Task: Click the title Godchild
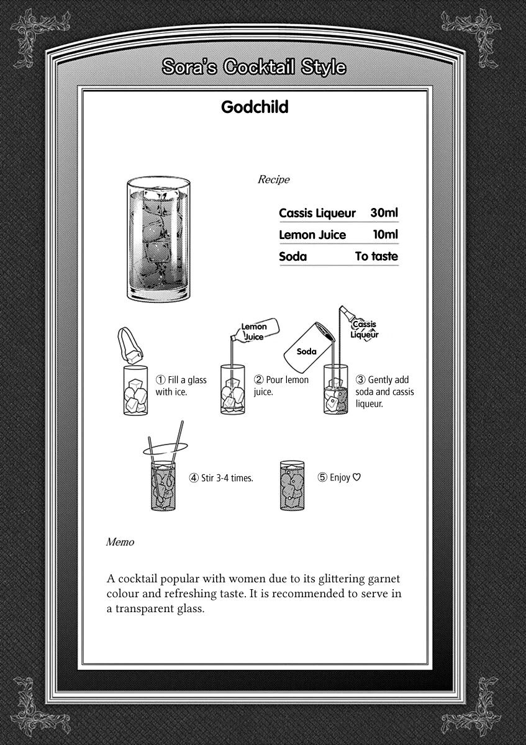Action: point(255,107)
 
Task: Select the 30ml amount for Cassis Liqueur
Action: point(384,213)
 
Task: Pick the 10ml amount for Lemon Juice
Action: point(385,235)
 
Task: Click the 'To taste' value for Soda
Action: point(376,256)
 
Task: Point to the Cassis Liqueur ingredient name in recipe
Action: point(317,214)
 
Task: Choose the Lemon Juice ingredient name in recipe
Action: point(312,235)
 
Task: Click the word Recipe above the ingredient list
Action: point(273,179)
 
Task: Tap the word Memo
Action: point(120,542)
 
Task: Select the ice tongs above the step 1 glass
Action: point(131,345)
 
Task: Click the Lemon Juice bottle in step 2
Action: point(254,331)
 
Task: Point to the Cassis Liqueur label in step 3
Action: point(365,330)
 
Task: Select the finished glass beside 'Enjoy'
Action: point(292,485)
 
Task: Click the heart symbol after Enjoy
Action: point(356,477)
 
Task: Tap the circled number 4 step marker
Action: point(194,478)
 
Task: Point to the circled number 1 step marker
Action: point(160,380)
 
